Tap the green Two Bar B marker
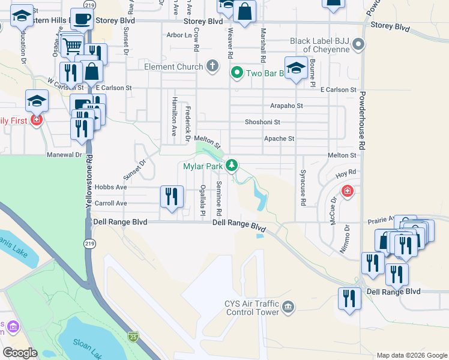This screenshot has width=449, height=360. pyautogui.click(x=237, y=73)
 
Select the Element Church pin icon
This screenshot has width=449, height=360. pyautogui.click(x=212, y=65)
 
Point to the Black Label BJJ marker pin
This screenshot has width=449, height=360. pyautogui.click(x=358, y=44)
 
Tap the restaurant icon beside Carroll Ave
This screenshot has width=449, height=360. pyautogui.click(x=172, y=196)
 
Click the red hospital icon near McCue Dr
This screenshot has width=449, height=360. pyautogui.click(x=346, y=191)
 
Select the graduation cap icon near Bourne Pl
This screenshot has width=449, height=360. pyautogui.click(x=297, y=69)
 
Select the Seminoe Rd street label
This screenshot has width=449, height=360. pyautogui.click(x=220, y=199)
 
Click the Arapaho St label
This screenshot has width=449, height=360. pyautogui.click(x=286, y=106)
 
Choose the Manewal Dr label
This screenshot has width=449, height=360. pyautogui.click(x=64, y=154)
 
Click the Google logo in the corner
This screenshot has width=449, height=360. pyautogui.click(x=20, y=353)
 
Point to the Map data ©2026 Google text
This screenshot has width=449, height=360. pyautogui.click(x=411, y=355)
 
